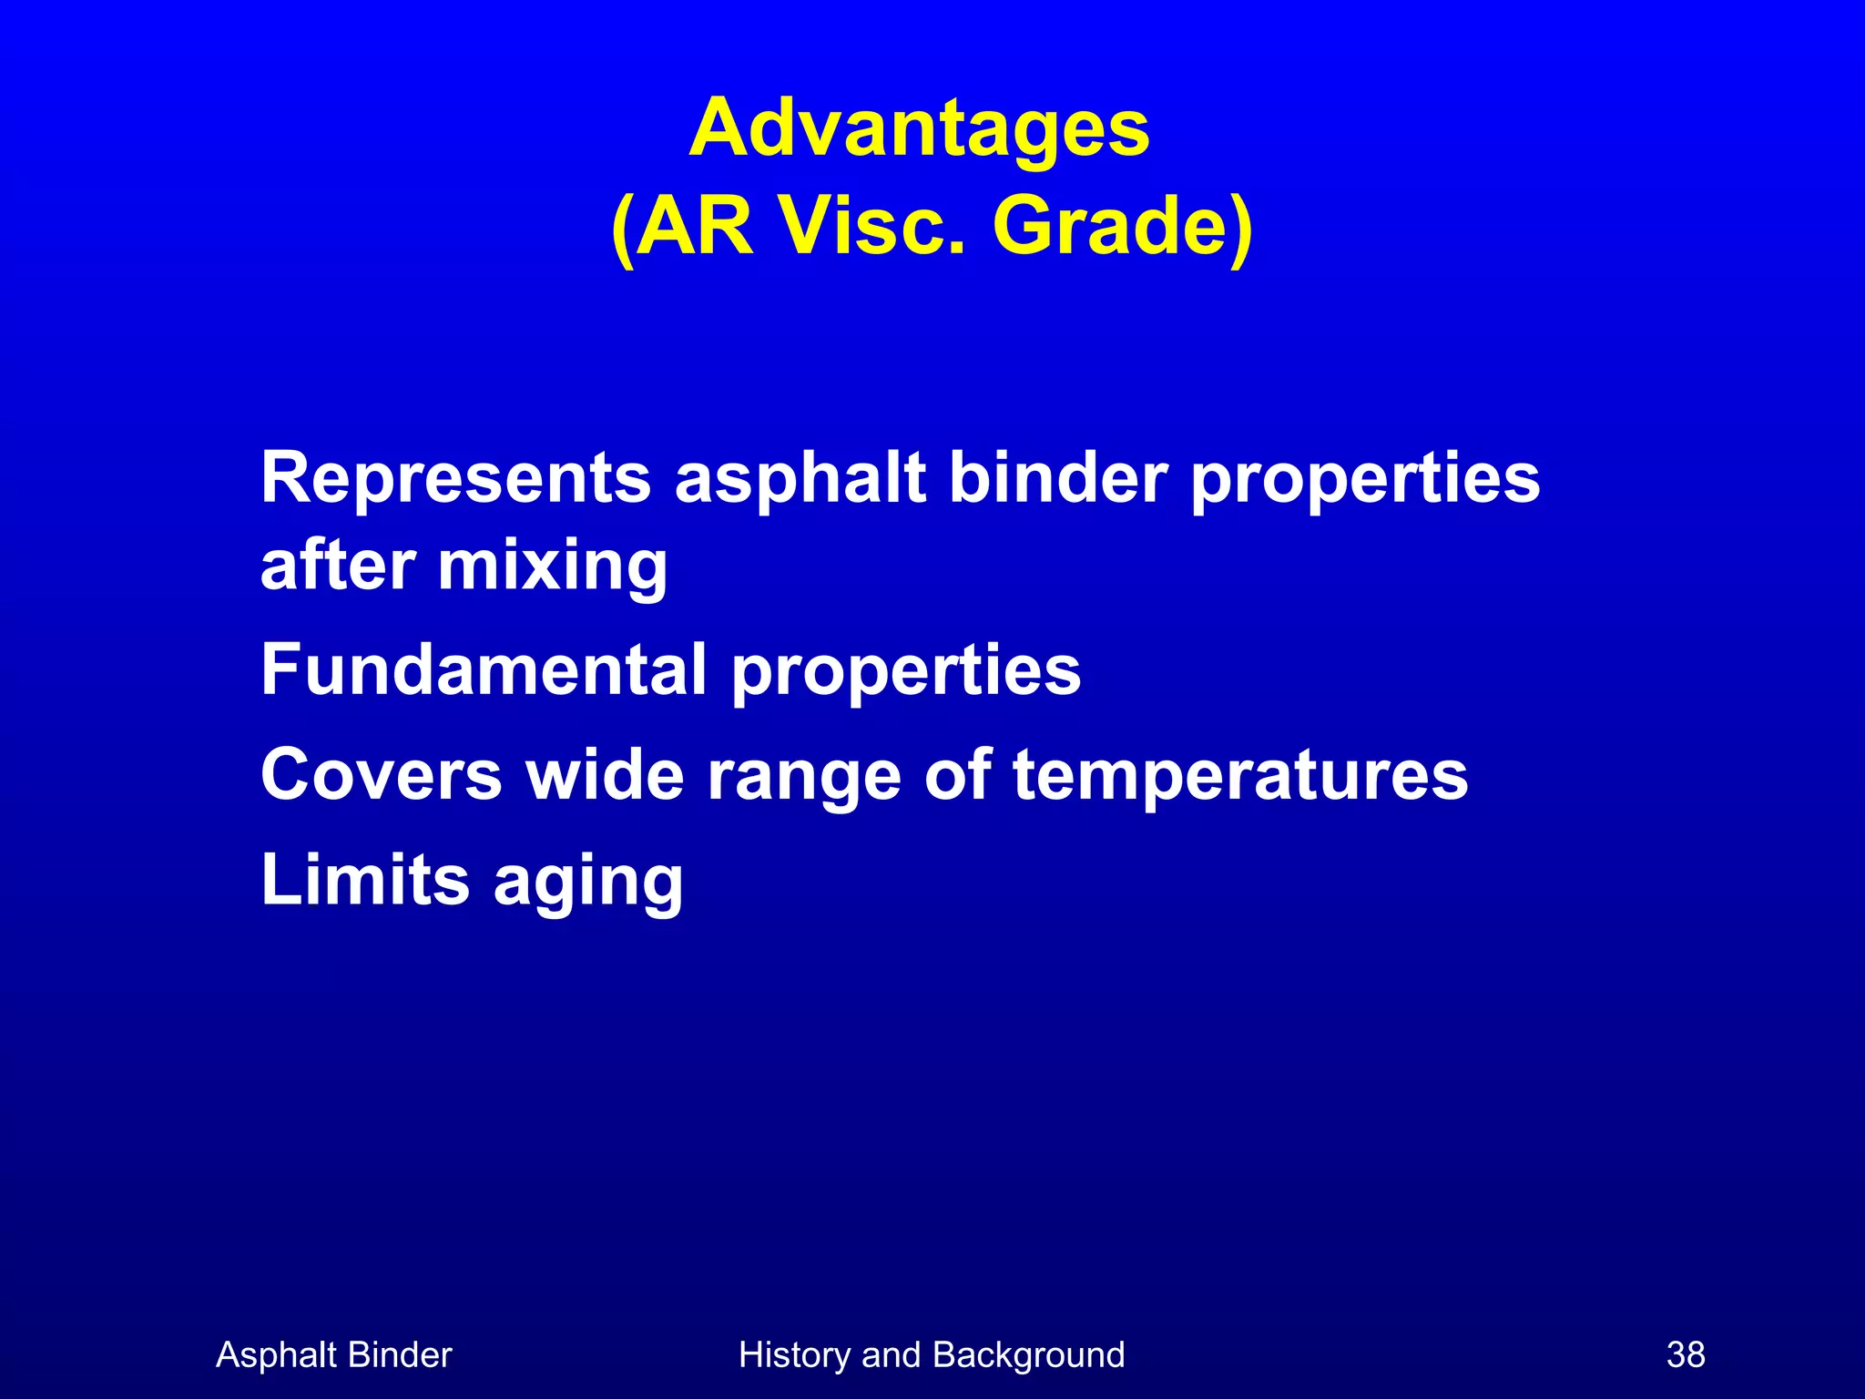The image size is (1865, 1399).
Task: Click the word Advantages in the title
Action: pos(919,129)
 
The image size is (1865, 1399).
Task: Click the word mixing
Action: pos(553,568)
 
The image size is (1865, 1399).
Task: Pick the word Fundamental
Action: pos(484,669)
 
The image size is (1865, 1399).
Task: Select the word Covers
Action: pos(381,774)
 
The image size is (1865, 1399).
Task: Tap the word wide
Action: pos(605,774)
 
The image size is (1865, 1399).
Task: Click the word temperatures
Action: pos(1240,776)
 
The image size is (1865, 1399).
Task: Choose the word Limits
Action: pos(365,880)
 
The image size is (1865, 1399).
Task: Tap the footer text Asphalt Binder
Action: pos(333,1355)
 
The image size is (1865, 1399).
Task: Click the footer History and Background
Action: pos(932,1355)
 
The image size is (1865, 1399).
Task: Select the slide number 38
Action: pos(1686,1355)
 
